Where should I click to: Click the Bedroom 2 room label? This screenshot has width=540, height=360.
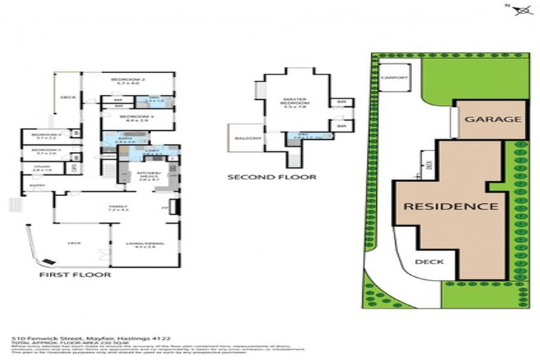(127, 81)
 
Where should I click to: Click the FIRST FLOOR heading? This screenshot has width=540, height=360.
(75, 275)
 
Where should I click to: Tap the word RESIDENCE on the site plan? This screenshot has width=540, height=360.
(451, 207)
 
